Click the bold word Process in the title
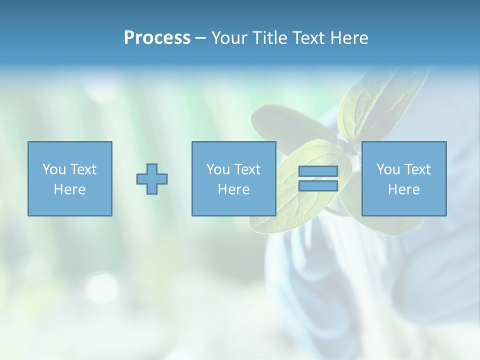(x=157, y=38)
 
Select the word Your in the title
(x=227, y=38)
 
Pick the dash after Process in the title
(x=200, y=38)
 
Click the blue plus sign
(x=152, y=179)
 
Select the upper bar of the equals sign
(x=318, y=171)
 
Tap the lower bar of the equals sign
(x=318, y=186)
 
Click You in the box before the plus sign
(x=53, y=169)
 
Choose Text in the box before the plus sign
(x=82, y=169)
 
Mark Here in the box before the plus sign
(x=70, y=189)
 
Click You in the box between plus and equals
(x=218, y=169)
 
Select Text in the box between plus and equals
(x=247, y=169)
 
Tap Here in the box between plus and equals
(x=234, y=189)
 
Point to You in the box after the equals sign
(x=388, y=169)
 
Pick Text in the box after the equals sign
(x=417, y=169)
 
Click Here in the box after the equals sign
(x=404, y=189)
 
